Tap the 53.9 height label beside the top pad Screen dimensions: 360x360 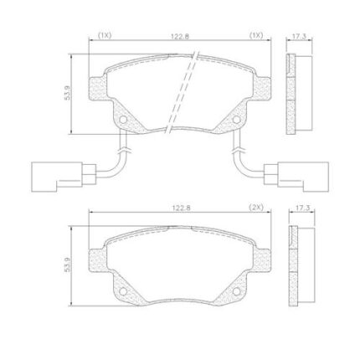[x=68, y=93]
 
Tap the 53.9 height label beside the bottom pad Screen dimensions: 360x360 [x=67, y=265]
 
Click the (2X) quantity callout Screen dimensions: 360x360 [x=256, y=208]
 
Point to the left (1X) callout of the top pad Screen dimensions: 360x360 [x=105, y=35]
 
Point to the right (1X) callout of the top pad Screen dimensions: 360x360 [x=256, y=35]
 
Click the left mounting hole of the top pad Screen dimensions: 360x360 [x=123, y=120]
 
